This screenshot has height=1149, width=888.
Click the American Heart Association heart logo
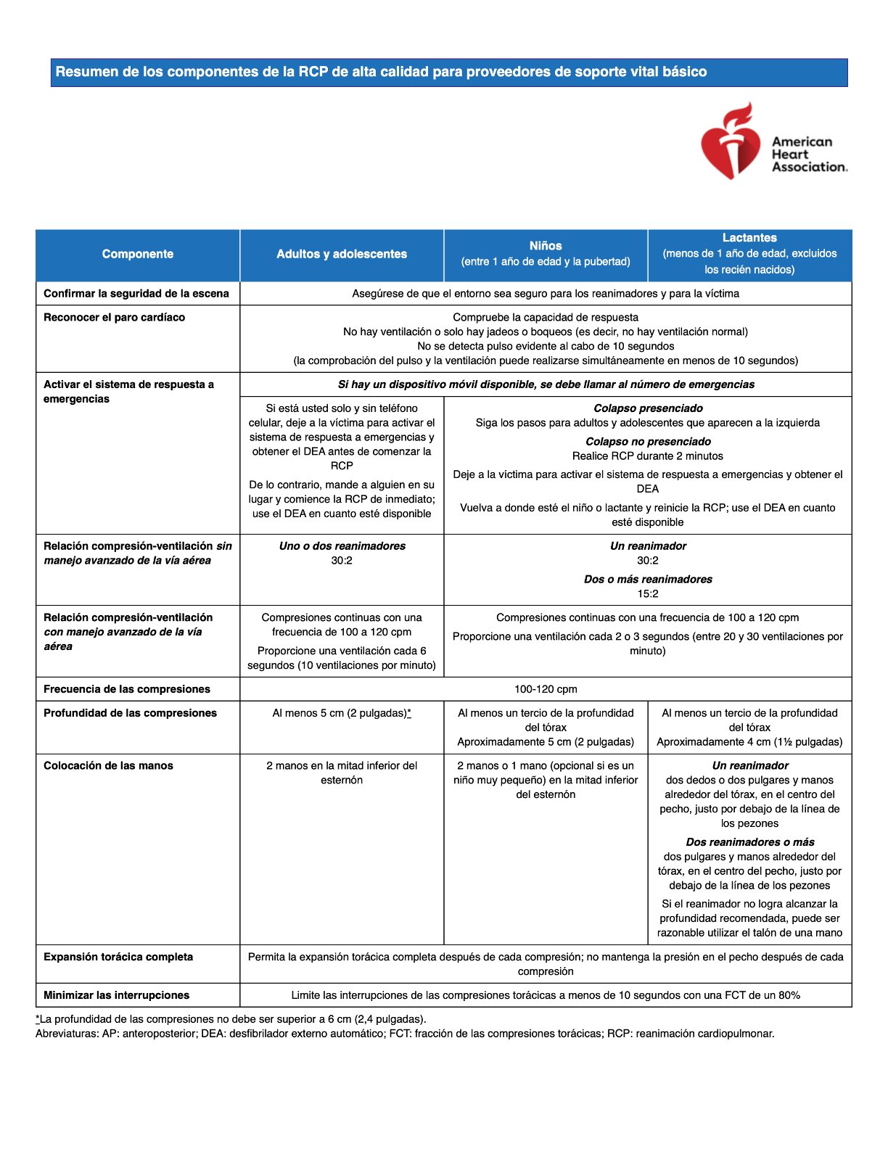tap(730, 142)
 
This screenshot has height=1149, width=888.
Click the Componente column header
tap(138, 254)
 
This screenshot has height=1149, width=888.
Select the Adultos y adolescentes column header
tap(342, 254)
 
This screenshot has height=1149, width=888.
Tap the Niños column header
tap(546, 246)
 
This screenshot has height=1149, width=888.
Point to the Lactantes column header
tap(749, 238)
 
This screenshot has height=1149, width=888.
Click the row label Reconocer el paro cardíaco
tap(114, 318)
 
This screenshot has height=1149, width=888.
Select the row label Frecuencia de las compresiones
tap(127, 689)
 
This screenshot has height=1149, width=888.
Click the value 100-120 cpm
tap(546, 689)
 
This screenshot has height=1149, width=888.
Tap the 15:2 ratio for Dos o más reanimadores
tap(648, 594)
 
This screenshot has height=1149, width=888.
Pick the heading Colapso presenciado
tap(648, 408)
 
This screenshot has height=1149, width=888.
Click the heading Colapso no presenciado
tap(648, 442)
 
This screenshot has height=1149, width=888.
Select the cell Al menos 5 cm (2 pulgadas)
tap(342, 713)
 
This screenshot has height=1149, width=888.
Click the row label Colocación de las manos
tap(108, 766)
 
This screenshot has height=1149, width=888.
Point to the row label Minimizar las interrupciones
tap(116, 995)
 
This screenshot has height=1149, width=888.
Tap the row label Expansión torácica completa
tap(118, 957)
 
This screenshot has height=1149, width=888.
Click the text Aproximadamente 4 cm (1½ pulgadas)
tap(749, 742)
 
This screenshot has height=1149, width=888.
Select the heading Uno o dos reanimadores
tap(342, 546)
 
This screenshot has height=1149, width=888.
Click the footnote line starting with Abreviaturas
tap(405, 1034)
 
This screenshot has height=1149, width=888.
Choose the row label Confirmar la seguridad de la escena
tap(136, 294)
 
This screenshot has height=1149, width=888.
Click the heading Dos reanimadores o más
tap(749, 842)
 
